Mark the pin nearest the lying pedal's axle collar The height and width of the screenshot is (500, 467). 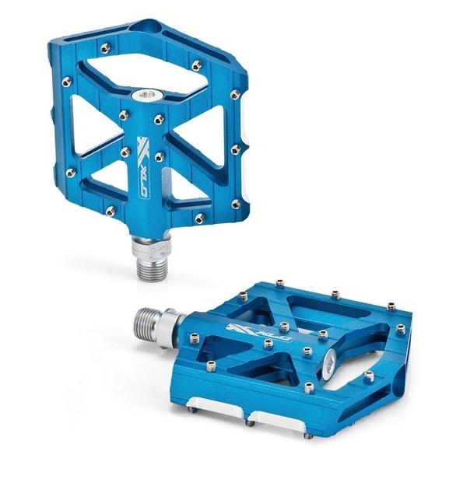coord(195,338)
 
